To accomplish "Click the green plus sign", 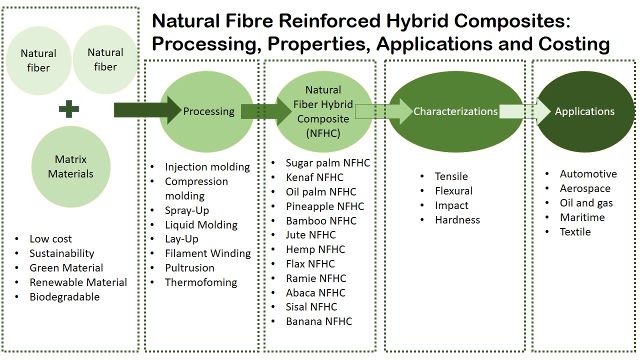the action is [x=69, y=109].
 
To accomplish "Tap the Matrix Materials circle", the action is [x=71, y=167].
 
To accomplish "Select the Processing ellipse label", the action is [x=209, y=111].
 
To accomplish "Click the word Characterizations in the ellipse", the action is [x=455, y=111].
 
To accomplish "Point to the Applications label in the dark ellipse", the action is [x=584, y=111].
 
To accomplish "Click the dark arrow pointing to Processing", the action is [x=147, y=110].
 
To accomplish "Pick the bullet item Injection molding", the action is [x=207, y=167].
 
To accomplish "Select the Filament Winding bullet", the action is [x=207, y=253].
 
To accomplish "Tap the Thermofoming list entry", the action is [x=201, y=282].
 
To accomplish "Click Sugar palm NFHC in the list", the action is [x=327, y=163].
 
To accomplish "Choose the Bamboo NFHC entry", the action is [x=321, y=221].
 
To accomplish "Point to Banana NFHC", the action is [x=319, y=321].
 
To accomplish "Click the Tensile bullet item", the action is [x=451, y=176].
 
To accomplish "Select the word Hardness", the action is [x=457, y=220].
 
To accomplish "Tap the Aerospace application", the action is [x=585, y=188].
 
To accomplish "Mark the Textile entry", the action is [x=575, y=231].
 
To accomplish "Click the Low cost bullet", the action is [x=50, y=239].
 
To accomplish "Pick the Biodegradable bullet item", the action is [x=64, y=297].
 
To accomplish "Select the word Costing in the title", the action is [x=574, y=44].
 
